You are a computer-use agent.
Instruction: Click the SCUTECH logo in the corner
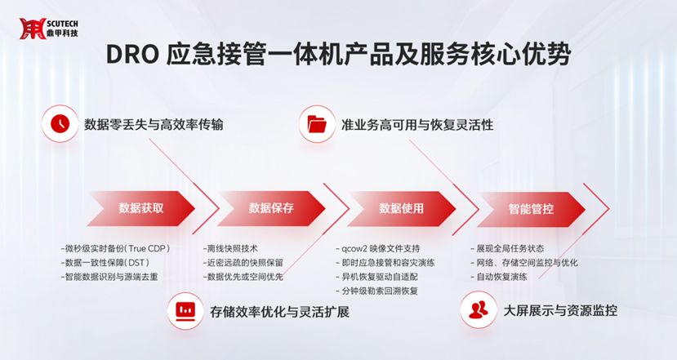(x=48, y=29)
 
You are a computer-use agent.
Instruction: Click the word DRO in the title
(x=132, y=55)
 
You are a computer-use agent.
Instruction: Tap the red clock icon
(x=60, y=124)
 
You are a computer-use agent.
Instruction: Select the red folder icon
(x=317, y=124)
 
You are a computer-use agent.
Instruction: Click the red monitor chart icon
(x=185, y=311)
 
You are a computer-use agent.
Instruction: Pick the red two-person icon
(x=479, y=310)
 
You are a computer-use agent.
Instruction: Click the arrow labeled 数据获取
(x=141, y=208)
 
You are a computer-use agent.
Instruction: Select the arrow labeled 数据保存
(x=271, y=208)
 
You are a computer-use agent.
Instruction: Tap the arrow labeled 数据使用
(x=402, y=209)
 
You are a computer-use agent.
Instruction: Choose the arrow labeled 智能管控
(x=531, y=209)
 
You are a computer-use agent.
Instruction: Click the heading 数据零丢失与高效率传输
(x=154, y=125)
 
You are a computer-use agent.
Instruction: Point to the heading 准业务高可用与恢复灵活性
(x=417, y=125)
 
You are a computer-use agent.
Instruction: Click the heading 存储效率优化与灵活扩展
(x=279, y=312)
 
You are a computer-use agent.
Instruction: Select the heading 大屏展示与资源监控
(x=560, y=310)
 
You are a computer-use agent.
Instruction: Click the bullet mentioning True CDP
(x=115, y=249)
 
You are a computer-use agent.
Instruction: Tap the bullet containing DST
(x=105, y=263)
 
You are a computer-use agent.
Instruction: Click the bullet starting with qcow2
(x=378, y=249)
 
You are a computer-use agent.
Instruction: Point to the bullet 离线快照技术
(x=230, y=249)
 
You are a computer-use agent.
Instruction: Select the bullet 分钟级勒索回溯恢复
(x=377, y=291)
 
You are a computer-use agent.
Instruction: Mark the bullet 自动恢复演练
(x=499, y=277)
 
